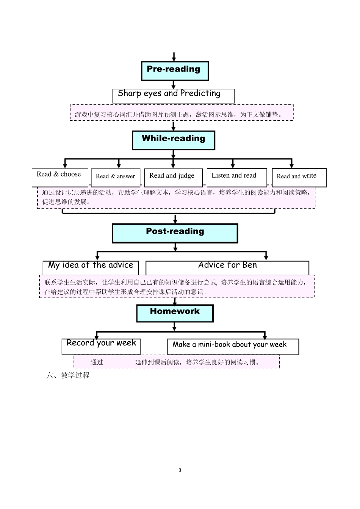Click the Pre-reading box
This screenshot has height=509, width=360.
tap(175, 71)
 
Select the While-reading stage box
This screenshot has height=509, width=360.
tap(173, 140)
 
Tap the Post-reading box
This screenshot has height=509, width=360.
tap(175, 233)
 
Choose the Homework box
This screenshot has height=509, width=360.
tap(175, 313)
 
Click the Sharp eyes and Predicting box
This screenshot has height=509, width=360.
tap(174, 96)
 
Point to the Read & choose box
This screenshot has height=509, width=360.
tap(59, 177)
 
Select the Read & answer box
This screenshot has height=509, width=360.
tap(116, 177)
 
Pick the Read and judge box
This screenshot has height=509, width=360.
tap(173, 177)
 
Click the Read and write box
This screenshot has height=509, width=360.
tap(299, 177)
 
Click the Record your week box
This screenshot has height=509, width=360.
tap(101, 346)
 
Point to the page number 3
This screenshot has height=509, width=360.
tap(180, 470)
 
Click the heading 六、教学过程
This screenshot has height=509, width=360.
tap(68, 376)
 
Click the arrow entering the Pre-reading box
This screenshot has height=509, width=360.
tap(174, 57)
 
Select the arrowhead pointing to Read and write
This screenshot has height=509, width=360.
tap(291, 165)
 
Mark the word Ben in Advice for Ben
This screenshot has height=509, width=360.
tap(250, 265)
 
